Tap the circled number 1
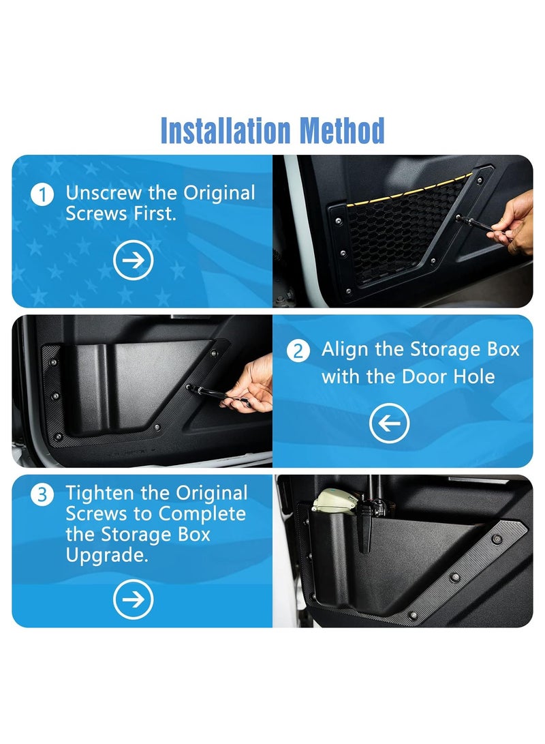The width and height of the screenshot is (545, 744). [42, 194]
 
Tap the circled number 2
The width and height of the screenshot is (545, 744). [298, 352]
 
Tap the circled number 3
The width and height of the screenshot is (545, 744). [42, 494]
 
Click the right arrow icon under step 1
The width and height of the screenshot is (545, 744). [133, 260]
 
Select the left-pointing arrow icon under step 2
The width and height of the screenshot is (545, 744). [389, 424]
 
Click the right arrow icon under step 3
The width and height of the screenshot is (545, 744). [133, 599]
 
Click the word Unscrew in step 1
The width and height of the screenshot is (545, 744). [104, 193]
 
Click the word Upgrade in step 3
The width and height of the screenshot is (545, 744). [106, 556]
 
